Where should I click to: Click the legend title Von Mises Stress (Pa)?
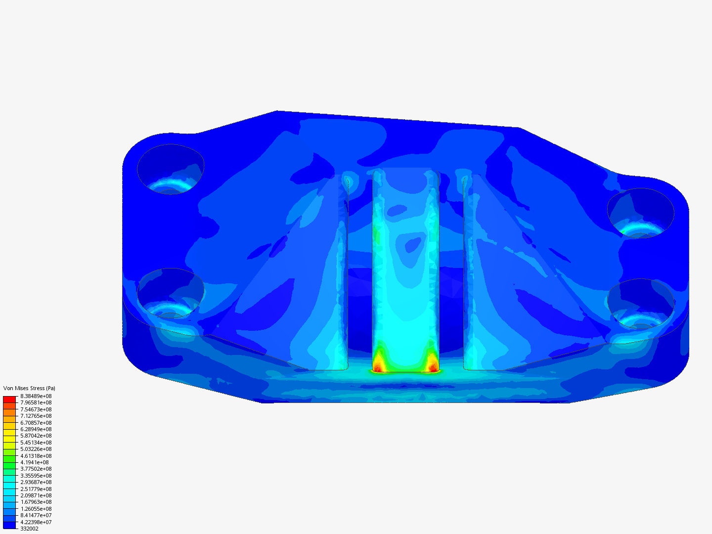29,388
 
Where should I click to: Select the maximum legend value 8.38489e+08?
36,396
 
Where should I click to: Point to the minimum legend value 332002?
29,529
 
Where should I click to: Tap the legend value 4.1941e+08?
34,462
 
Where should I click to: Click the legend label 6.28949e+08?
36,429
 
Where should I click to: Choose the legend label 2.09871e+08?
36,495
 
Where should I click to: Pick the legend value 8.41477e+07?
36,515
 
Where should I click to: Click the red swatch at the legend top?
9,399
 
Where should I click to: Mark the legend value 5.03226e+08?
36,449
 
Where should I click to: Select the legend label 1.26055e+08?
36,509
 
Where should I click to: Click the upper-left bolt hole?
171,169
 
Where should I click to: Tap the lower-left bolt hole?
171,293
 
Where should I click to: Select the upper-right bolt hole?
640,213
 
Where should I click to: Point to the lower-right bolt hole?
640,304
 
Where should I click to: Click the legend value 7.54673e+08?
36,409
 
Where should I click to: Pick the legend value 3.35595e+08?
36,476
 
